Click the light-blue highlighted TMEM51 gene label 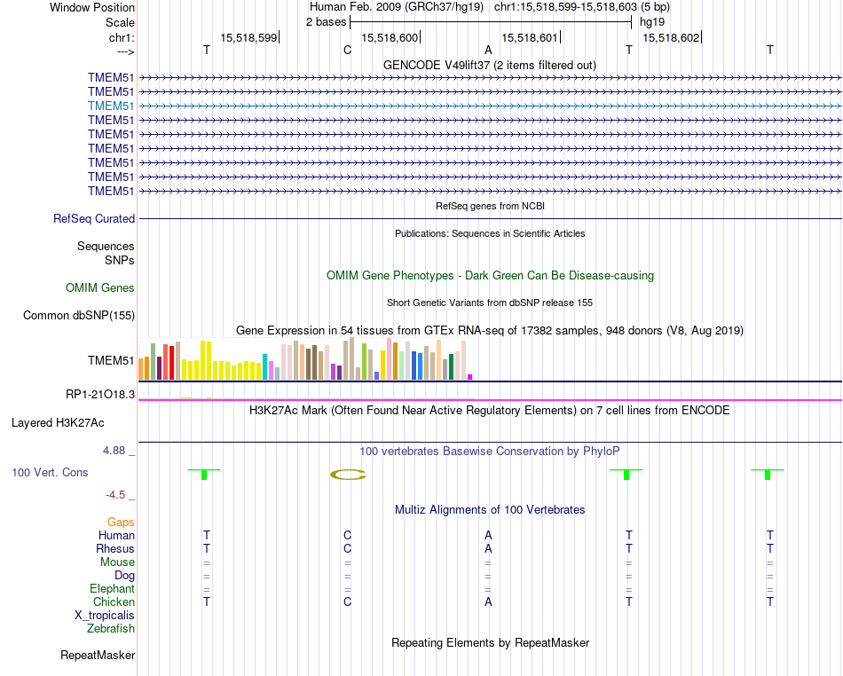click(112, 106)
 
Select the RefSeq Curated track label click(94, 218)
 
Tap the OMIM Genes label click(100, 287)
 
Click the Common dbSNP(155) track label click(79, 315)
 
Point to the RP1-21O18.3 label click(100, 394)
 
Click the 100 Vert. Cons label click(50, 473)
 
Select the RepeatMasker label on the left click(98, 656)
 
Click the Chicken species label click(114, 601)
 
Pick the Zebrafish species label click(111, 629)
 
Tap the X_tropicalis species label click(105, 615)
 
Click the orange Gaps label click(121, 522)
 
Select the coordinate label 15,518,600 click(390, 38)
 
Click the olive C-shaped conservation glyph click(348, 475)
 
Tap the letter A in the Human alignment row click(488, 535)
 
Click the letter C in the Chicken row click(348, 601)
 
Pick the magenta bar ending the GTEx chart click(470, 377)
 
